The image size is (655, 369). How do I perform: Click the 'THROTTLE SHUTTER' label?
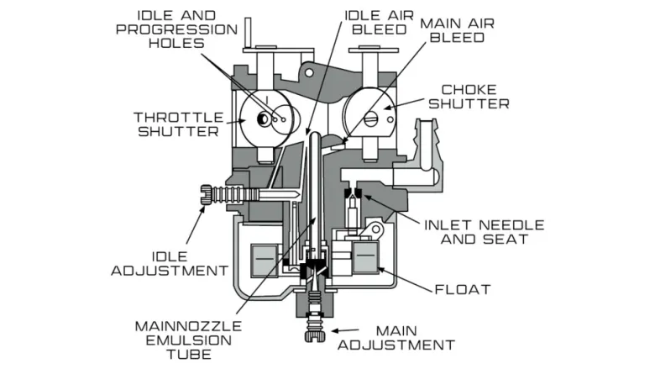coord(178,124)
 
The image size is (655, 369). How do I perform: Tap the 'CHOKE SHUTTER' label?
coord(469,97)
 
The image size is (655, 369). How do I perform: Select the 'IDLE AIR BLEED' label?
coord(379,23)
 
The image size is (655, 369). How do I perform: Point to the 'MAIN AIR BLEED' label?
coord(458,30)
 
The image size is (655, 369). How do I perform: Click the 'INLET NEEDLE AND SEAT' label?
coord(485,232)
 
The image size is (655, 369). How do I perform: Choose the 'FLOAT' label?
coord(463,290)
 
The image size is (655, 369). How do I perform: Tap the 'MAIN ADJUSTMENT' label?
coord(396,338)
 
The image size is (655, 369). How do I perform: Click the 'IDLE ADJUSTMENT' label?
coord(170,264)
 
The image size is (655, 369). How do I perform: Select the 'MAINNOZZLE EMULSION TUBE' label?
coord(188,340)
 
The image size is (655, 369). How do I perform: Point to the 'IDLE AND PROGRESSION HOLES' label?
coord(176,29)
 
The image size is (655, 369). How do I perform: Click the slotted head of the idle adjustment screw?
coord(205,195)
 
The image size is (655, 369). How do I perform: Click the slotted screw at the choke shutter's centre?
coord(370,119)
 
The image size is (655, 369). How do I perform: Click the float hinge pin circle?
coord(376,229)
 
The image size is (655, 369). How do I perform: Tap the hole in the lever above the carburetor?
coord(309,73)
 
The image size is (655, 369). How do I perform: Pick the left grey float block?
coord(263,261)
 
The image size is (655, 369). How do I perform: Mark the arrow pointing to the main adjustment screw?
coord(345,330)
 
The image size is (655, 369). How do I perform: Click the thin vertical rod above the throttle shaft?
coord(248,33)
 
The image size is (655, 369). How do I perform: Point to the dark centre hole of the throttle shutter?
coord(263,120)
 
